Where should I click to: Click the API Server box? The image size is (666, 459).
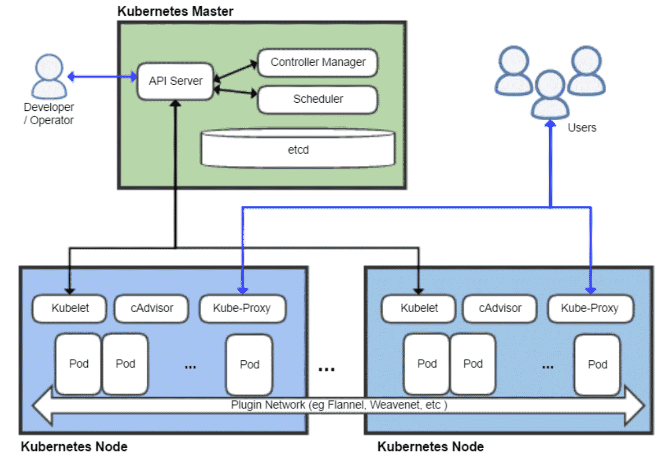(x=175, y=81)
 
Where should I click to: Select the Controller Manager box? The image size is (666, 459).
(x=318, y=63)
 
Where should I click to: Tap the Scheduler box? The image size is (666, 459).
(x=318, y=100)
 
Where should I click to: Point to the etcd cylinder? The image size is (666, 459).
(x=298, y=148)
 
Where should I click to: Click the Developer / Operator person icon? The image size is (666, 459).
(x=49, y=76)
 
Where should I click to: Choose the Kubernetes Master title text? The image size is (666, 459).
(x=175, y=11)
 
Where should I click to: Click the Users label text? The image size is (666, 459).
(x=582, y=128)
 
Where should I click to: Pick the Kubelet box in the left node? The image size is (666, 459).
(x=70, y=308)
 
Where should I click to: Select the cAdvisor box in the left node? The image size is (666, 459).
(x=152, y=308)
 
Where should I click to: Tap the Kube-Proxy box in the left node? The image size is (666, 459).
(x=243, y=308)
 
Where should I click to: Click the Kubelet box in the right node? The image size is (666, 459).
(x=419, y=308)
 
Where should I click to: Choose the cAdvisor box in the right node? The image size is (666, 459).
(x=500, y=308)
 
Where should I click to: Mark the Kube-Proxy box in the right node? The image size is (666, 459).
(x=591, y=308)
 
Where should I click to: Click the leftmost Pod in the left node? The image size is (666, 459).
(x=79, y=364)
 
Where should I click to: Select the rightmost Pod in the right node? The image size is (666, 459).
(x=597, y=365)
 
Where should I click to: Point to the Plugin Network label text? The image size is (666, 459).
(x=339, y=405)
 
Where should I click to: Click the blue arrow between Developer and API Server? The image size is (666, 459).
(x=102, y=76)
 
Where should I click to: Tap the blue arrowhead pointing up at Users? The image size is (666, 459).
(x=551, y=123)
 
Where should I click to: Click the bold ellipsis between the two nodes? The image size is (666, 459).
(x=326, y=370)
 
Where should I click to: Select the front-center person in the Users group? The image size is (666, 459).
(x=551, y=94)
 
